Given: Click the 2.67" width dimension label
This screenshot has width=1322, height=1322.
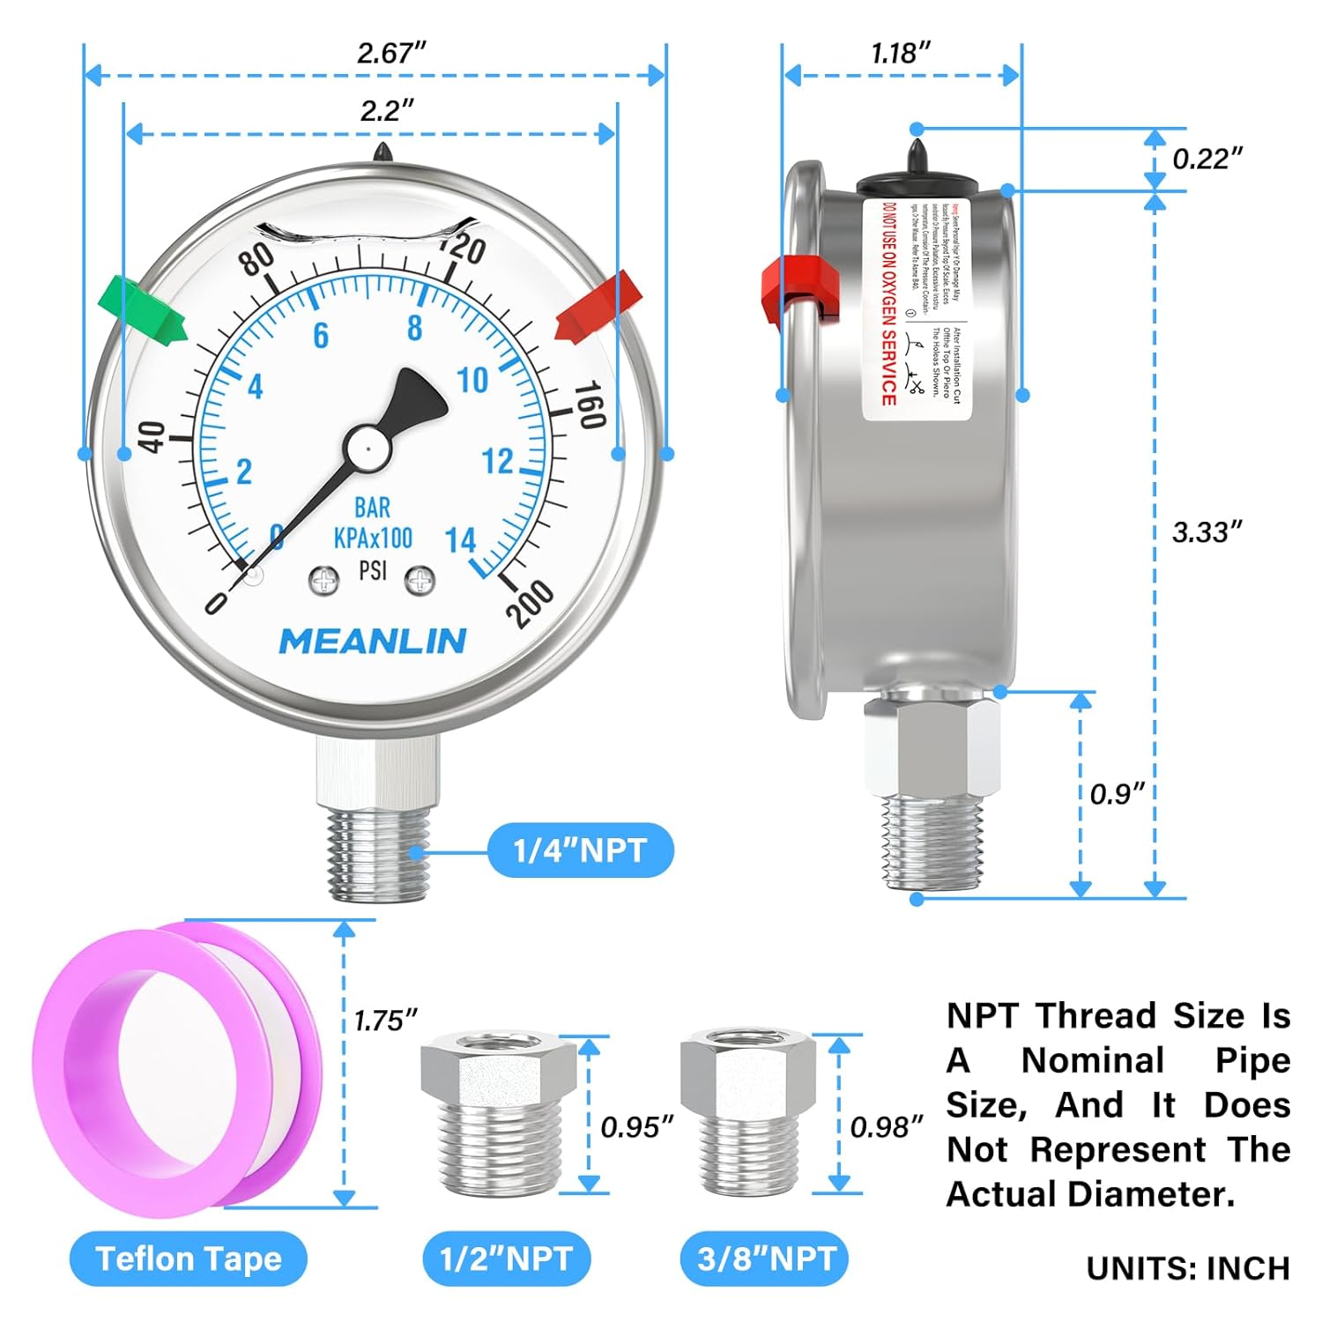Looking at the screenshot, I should click(x=390, y=53).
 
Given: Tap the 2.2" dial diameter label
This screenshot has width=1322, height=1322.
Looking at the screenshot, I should click(x=386, y=111).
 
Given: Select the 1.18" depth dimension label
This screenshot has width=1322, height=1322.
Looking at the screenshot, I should click(x=900, y=54).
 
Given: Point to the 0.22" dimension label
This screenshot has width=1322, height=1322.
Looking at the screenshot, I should click(x=1207, y=159).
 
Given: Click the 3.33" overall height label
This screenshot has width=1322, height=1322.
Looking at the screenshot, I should click(x=1207, y=532).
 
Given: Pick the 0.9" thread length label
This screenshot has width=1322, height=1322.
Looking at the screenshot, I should click(x=1117, y=794).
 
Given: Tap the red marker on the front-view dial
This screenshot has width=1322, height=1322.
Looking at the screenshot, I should click(x=596, y=306).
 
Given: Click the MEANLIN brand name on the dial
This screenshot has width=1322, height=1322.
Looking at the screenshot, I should click(x=372, y=642).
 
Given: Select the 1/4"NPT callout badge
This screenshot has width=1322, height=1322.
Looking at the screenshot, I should click(x=580, y=850).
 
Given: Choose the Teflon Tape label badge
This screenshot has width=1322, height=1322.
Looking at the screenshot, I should click(x=189, y=1259).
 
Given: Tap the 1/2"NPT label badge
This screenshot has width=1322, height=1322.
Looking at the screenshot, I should click(x=506, y=1259).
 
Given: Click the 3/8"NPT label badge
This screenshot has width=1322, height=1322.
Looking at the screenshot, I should click(x=765, y=1259).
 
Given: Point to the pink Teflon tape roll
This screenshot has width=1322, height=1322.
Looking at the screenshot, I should click(x=176, y=1066).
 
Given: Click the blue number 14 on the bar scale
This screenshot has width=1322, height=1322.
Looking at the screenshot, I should click(x=460, y=539).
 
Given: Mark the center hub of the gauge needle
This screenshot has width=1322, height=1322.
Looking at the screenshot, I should click(x=367, y=449).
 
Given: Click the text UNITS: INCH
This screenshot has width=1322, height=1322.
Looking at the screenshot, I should click(x=1188, y=1268).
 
